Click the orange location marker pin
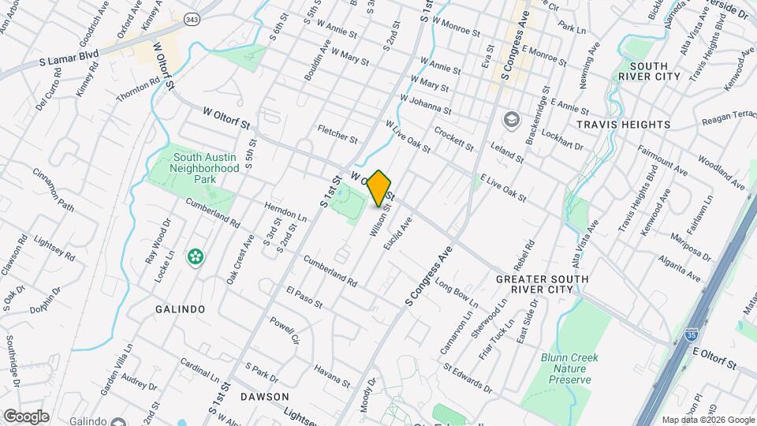point(379,188)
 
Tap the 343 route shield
point(192,18)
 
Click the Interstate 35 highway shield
point(691,334)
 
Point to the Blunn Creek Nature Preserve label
point(569,368)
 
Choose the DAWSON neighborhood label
point(265,396)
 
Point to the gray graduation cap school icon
point(512,119)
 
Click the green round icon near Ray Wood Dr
point(194,256)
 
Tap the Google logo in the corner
point(26,416)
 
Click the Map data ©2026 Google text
point(707,420)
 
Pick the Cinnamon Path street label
point(54,197)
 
